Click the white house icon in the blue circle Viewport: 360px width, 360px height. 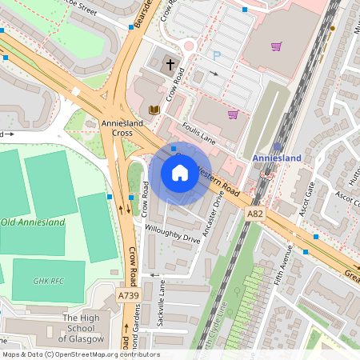(179, 172)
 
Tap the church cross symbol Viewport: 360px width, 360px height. (170, 65)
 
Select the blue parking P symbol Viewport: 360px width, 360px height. (216, 56)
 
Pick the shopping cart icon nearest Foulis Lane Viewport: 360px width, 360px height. (233, 114)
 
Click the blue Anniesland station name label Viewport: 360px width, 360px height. (277, 158)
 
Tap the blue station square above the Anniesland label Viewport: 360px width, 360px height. (277, 146)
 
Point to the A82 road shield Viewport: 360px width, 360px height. (255, 214)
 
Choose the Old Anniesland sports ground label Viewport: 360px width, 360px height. (33, 222)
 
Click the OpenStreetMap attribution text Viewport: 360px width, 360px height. (80, 354)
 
